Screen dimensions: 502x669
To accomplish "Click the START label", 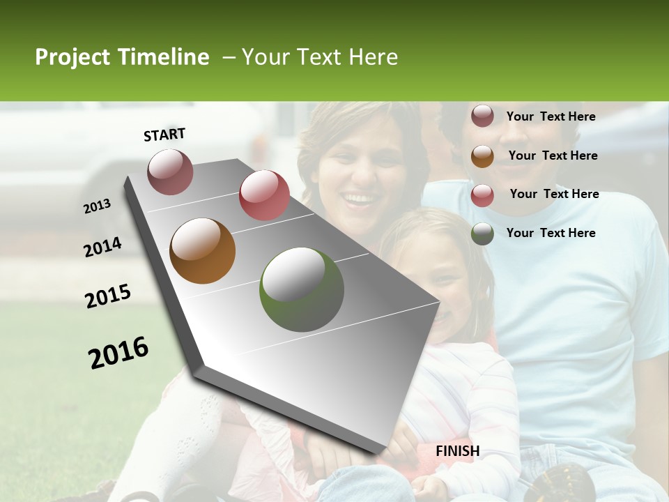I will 164,135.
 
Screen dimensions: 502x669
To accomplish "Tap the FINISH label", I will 457,451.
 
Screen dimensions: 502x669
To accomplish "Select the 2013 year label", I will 98,206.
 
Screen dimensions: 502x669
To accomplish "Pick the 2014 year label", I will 102,248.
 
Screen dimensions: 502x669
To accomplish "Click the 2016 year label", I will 118,352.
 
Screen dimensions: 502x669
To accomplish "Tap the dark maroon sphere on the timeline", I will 170,172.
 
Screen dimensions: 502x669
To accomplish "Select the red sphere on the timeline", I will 264,195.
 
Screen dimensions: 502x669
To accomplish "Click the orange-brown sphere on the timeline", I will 203,251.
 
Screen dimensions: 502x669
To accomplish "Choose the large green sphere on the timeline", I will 302,289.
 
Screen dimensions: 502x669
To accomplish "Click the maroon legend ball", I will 482,116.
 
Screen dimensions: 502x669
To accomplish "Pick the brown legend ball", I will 482,156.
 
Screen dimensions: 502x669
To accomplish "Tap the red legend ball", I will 482,195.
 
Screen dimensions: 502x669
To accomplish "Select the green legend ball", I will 482,234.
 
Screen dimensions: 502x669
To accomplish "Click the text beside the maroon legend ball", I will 551,116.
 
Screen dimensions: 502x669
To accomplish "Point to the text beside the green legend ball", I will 551,233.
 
